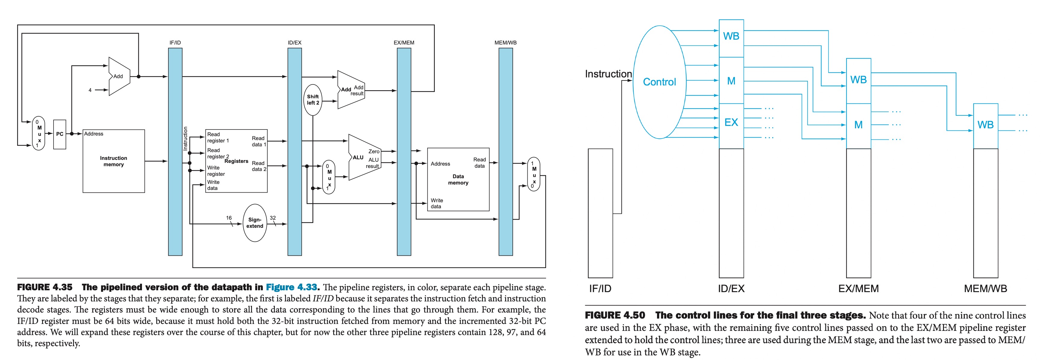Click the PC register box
tap(60, 134)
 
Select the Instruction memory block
tap(114, 161)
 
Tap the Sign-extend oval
tap(255, 223)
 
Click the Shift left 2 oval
tap(313, 100)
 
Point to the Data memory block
tap(458, 179)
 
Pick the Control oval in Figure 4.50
tap(659, 82)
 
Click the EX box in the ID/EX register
tap(731, 122)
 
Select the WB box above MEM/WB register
tap(985, 125)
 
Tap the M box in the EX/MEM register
tap(858, 125)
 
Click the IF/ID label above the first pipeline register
tap(175, 42)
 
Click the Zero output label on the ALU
tap(374, 151)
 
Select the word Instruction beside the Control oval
tap(608, 74)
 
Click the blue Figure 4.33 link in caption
tap(291, 287)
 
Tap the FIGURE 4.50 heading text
tap(615, 315)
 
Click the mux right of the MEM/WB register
tap(533, 174)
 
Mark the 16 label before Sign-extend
tap(229, 218)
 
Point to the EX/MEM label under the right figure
tap(858, 288)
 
